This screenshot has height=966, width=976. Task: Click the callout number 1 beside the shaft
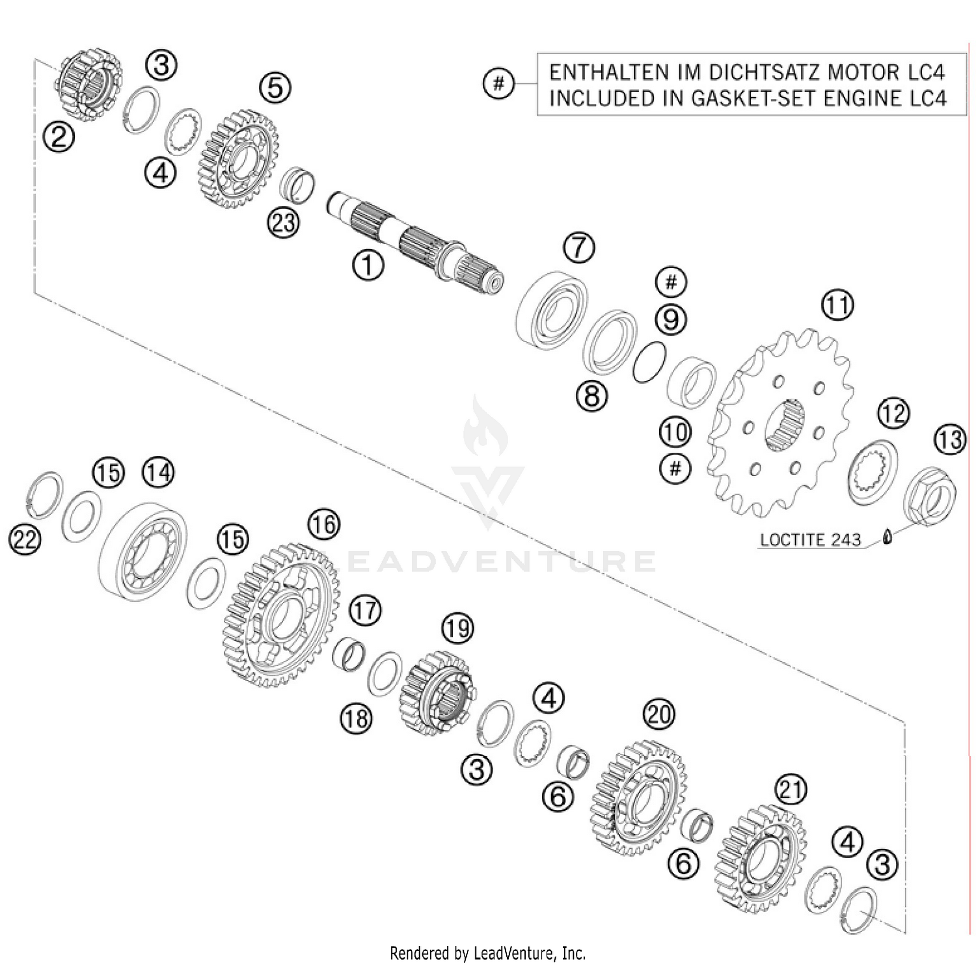(x=368, y=265)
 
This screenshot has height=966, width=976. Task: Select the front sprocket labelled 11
(x=781, y=423)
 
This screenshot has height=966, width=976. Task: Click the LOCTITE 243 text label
(x=810, y=540)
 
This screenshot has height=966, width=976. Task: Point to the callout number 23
(x=283, y=223)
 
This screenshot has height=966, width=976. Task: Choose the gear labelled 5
(x=238, y=159)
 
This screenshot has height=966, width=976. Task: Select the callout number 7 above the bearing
(x=579, y=247)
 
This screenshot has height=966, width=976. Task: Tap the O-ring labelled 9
(x=649, y=362)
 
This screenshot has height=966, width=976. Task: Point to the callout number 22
(x=25, y=540)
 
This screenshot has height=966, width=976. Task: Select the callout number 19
(x=457, y=628)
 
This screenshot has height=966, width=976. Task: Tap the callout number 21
(x=791, y=790)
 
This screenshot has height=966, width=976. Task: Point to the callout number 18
(x=356, y=719)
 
